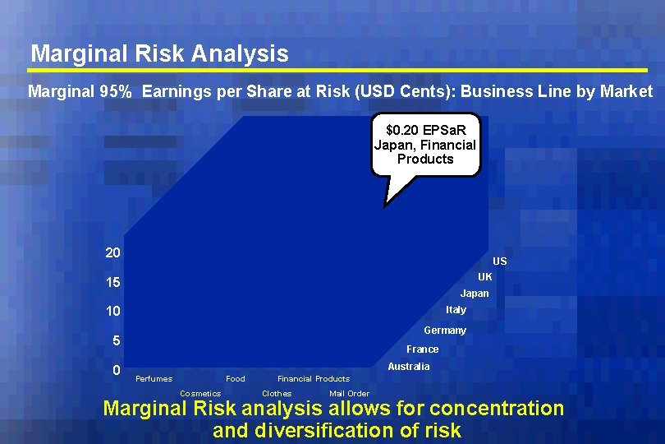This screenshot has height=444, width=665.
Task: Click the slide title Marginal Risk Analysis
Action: (159, 54)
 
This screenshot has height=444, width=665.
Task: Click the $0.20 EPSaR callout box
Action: (424, 145)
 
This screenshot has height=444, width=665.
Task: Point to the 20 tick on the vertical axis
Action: (113, 252)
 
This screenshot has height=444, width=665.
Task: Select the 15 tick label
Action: (113, 283)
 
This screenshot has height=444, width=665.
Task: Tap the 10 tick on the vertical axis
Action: (113, 312)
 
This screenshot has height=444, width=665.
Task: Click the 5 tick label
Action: (117, 341)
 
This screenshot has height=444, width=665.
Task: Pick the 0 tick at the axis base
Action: (117, 371)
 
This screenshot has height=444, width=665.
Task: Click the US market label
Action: (499, 261)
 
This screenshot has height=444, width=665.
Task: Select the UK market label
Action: (484, 277)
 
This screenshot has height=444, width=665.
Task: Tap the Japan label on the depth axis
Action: (474, 294)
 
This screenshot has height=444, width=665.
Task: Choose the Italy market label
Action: (456, 310)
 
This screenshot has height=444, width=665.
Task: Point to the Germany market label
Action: (444, 331)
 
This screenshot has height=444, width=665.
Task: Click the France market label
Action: (422, 349)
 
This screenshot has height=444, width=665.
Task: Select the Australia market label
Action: (408, 367)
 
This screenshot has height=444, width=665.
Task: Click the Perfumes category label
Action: (154, 379)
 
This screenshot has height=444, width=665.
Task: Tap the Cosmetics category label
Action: (200, 394)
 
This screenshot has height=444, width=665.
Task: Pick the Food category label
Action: (235, 379)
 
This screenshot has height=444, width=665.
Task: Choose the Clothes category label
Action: (277, 394)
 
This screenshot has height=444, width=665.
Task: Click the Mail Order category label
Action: (349, 394)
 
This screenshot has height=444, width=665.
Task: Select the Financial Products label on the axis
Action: (314, 379)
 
